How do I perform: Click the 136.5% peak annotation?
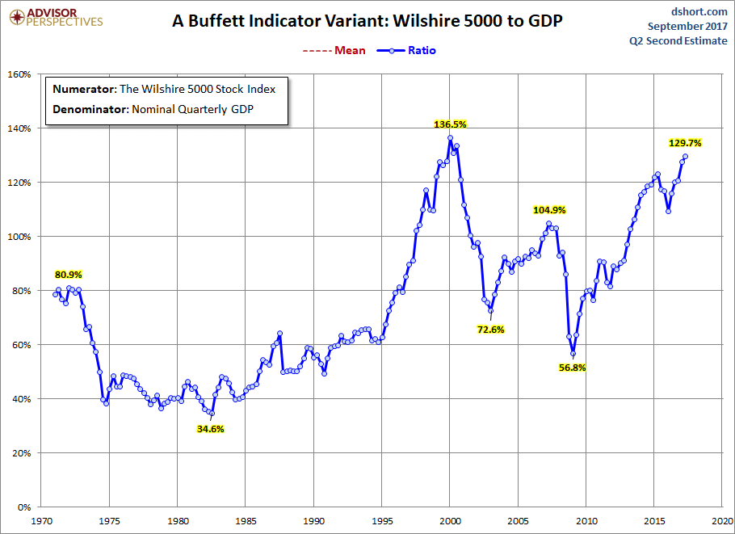pos(451,124)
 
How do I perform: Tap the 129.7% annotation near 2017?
pos(685,142)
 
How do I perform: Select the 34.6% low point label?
pos(210,429)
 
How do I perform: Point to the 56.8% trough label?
pos(572,368)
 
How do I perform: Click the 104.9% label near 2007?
pos(549,210)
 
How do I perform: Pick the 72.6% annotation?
pos(490,330)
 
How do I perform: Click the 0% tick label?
pos(23,507)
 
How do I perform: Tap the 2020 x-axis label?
pos(723,521)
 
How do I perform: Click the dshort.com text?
pos(699,11)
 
